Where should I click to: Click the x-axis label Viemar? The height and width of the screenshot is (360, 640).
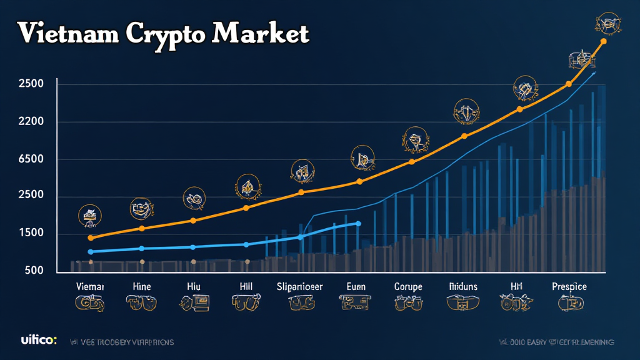(x=90, y=286)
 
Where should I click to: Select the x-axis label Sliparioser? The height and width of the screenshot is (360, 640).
(x=300, y=286)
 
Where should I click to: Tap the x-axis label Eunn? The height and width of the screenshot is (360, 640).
(x=356, y=286)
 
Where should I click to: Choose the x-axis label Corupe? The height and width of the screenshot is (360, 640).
(x=408, y=286)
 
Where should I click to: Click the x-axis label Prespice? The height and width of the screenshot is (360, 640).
(x=569, y=286)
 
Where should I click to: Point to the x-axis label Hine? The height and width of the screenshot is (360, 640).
(x=142, y=286)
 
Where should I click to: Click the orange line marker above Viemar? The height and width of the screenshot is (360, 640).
(x=91, y=238)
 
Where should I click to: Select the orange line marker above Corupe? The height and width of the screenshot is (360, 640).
(x=411, y=162)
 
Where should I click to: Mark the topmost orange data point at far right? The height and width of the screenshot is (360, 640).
(x=603, y=42)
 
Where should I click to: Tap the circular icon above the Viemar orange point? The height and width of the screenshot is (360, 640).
(x=89, y=216)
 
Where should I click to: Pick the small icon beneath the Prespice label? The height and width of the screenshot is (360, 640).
(x=569, y=304)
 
